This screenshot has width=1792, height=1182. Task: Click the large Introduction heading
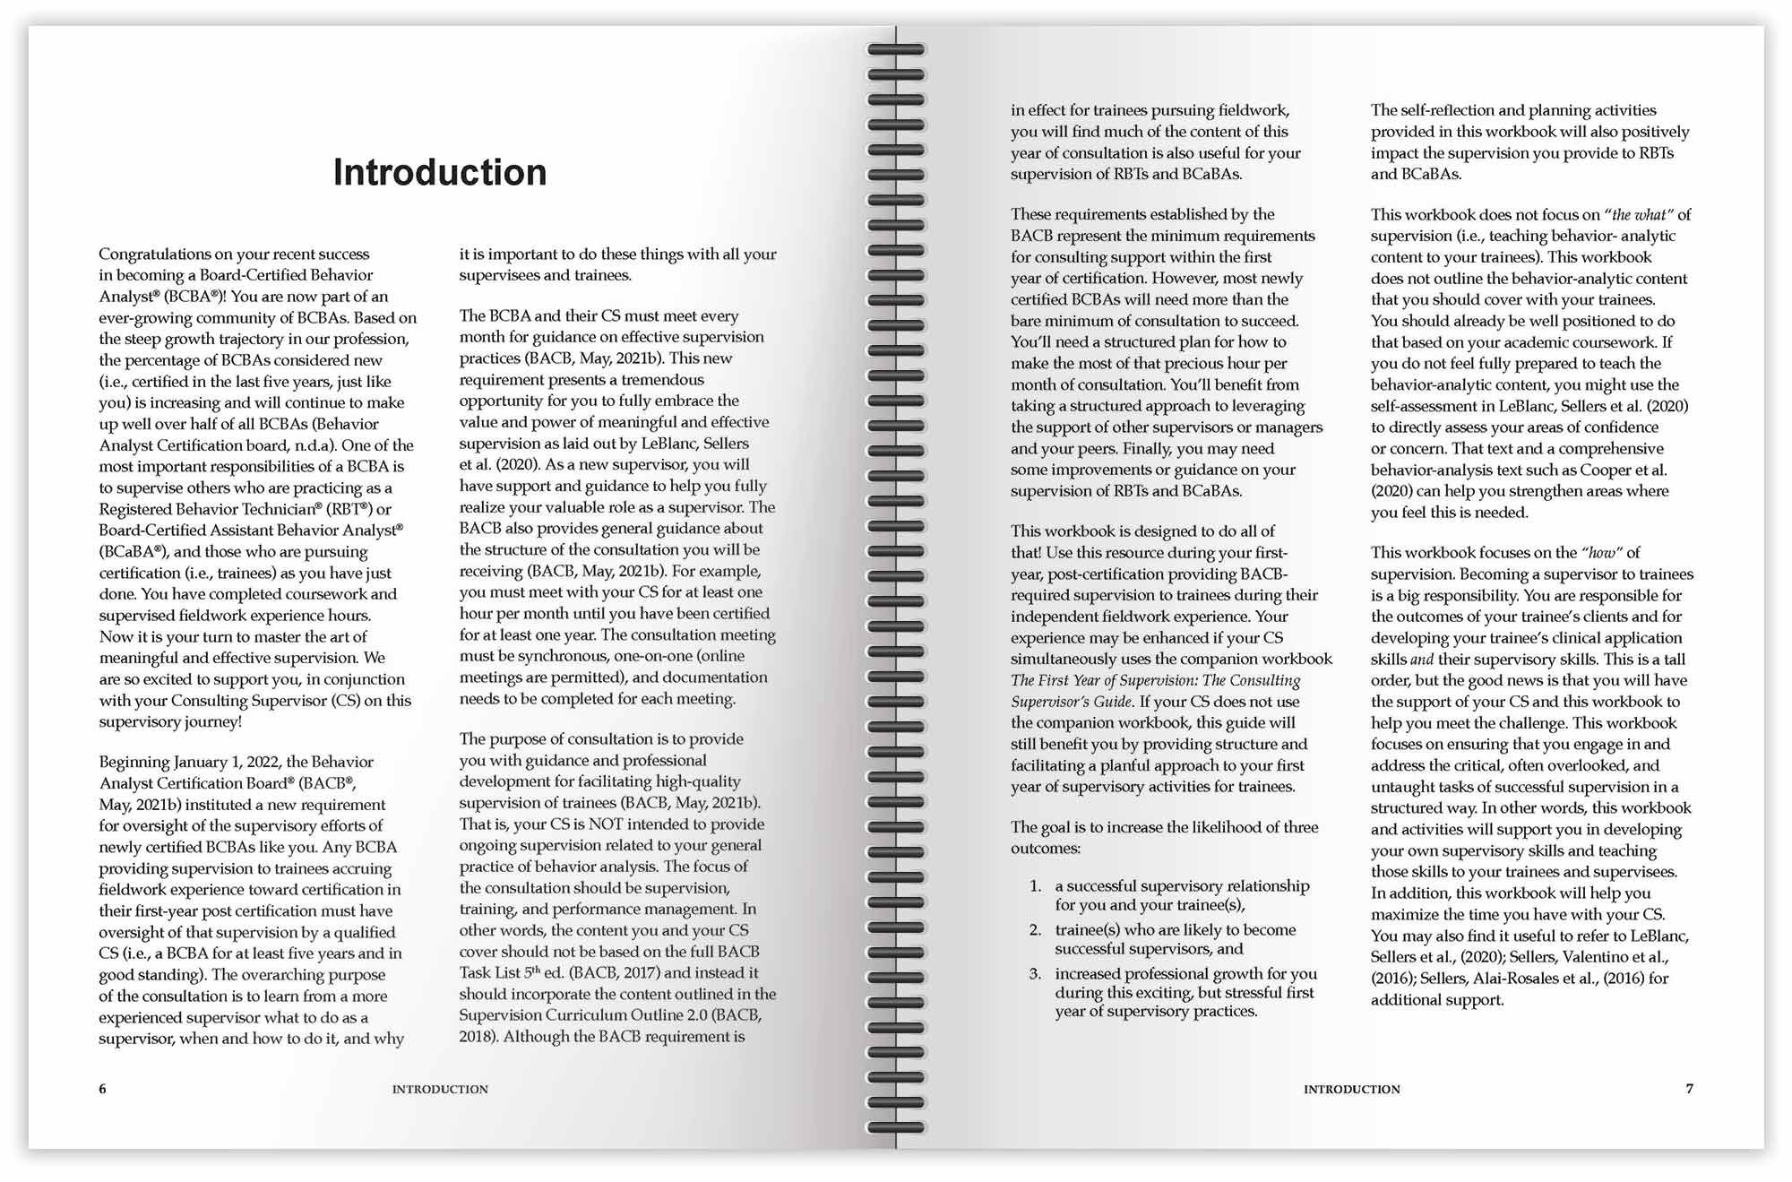(x=439, y=173)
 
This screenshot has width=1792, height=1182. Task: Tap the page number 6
(x=102, y=1089)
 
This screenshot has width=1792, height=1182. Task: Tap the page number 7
(x=1689, y=1089)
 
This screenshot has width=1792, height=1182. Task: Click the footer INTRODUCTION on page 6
(x=440, y=1090)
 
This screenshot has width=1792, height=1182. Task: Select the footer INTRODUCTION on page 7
(x=1351, y=1090)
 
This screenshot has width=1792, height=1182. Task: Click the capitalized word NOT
(x=605, y=824)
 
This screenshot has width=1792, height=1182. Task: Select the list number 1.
(x=1035, y=886)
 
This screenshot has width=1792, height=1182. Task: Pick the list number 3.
(x=1035, y=974)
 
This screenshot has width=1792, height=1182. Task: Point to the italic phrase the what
(x=1640, y=215)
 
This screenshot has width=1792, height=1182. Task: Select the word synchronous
(x=561, y=657)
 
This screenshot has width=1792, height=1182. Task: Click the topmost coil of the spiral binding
(x=895, y=50)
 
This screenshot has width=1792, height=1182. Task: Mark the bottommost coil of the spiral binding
(x=895, y=1127)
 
